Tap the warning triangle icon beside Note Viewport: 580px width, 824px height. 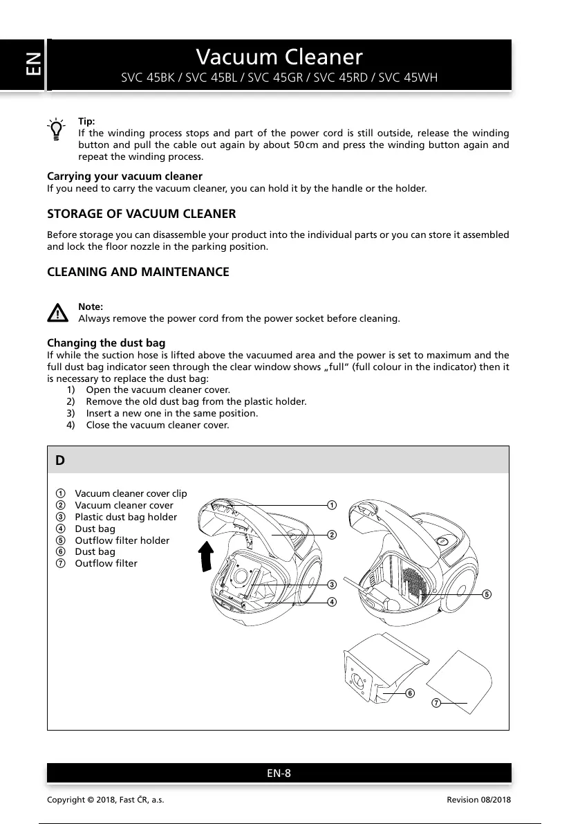[58, 313]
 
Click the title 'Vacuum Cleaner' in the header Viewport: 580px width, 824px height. [279, 56]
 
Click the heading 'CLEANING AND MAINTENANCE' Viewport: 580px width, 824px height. [138, 272]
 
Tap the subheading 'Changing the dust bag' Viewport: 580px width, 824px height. [106, 343]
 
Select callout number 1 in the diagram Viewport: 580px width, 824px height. [332, 505]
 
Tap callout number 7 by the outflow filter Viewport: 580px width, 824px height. [436, 704]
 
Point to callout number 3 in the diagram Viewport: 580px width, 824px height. [332, 585]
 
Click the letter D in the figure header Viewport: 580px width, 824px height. [61, 460]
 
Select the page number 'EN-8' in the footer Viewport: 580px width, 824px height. [279, 773]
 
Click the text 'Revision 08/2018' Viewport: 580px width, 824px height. [478, 800]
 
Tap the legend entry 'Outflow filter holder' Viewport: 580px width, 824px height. [122, 540]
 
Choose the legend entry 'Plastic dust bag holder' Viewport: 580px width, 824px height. [125, 517]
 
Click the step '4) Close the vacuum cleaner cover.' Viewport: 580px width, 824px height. [157, 425]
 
